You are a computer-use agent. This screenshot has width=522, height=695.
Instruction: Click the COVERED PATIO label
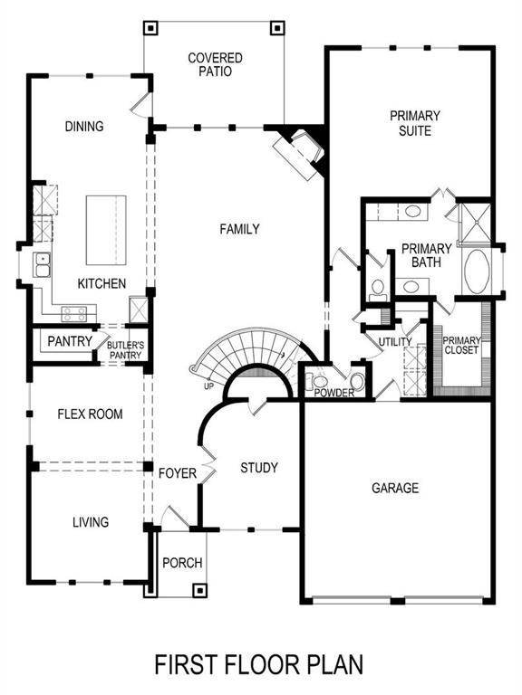[x=215, y=64]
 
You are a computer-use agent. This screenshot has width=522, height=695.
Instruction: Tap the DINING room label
[x=84, y=127]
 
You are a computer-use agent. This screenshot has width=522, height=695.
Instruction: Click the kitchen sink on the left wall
[x=42, y=265]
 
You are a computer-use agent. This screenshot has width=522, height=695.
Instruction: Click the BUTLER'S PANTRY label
[x=125, y=348]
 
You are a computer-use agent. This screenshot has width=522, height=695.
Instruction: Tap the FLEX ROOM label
[x=90, y=414]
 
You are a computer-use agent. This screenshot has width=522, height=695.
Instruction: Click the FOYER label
[x=178, y=473]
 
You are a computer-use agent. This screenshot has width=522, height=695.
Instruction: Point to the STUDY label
[x=258, y=468]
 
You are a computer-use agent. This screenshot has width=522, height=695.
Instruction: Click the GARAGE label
[x=395, y=489]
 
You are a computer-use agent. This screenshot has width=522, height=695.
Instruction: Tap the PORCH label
[x=182, y=563]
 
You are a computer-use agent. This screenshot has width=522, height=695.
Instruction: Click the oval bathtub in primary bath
[x=476, y=270]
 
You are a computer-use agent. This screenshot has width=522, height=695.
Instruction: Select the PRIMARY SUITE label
[x=415, y=123]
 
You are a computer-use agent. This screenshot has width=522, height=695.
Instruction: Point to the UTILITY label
[x=395, y=341]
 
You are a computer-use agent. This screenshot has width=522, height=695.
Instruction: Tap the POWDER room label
[x=334, y=393]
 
